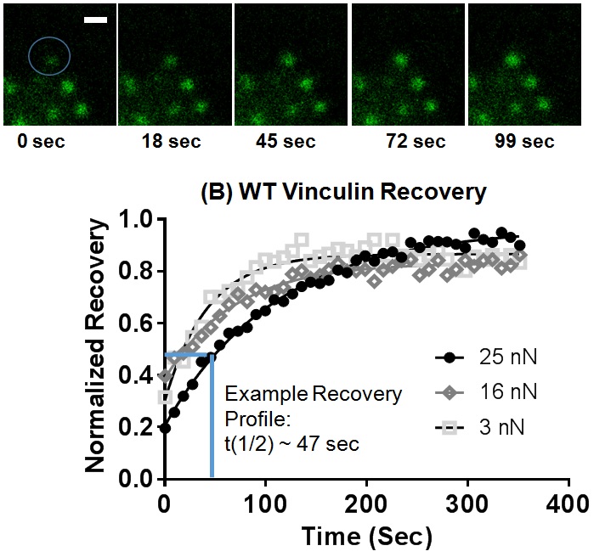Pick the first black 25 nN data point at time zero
pos(165,428)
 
